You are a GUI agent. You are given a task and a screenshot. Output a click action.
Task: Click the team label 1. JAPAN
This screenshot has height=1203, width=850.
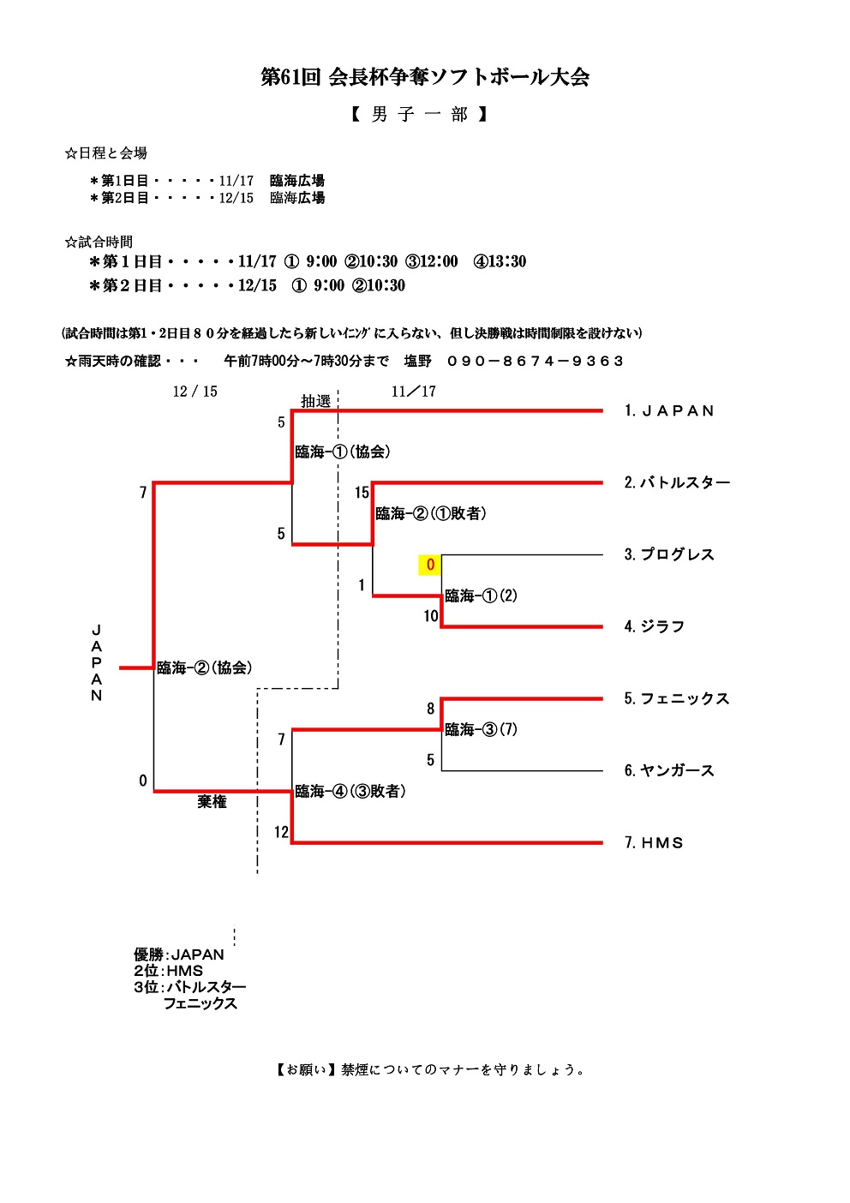[x=669, y=411]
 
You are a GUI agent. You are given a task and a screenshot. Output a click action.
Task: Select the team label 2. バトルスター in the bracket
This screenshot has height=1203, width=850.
[x=677, y=483]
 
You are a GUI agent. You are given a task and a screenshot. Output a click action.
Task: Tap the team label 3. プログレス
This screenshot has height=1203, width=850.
[x=669, y=555]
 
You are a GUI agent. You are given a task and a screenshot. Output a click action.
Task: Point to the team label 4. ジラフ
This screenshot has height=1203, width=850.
[x=655, y=627]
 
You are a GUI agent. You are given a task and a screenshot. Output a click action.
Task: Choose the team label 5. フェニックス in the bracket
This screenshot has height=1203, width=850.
[x=677, y=699]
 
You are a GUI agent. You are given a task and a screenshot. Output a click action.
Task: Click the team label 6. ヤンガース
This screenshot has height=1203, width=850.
[x=669, y=771]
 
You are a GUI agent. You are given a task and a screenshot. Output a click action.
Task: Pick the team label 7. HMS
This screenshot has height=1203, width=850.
[x=654, y=843]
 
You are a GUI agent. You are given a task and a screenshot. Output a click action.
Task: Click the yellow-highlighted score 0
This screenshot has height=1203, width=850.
[x=430, y=565]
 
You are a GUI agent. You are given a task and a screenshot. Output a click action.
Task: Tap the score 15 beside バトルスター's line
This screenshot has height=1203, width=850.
[x=362, y=493]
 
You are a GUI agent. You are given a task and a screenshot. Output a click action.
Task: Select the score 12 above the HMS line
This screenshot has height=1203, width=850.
[x=281, y=832]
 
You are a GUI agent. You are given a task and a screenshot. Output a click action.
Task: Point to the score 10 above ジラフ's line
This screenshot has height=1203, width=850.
[x=431, y=616]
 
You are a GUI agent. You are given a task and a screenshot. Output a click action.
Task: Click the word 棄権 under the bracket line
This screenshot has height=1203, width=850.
[x=212, y=803]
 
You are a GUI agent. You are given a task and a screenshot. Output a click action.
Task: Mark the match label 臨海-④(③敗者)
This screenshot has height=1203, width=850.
[x=350, y=792]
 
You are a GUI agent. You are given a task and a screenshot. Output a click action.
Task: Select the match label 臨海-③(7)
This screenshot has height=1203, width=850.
[x=481, y=730]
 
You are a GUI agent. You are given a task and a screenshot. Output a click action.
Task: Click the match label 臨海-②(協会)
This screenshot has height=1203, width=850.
[x=204, y=668]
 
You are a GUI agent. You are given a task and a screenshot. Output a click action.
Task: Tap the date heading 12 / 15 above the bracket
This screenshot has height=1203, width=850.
[x=195, y=392]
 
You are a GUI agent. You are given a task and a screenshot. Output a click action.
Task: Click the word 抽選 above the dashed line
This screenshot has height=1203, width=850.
[x=315, y=401]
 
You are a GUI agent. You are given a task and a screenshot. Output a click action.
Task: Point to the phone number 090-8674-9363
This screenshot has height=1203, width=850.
[x=536, y=362]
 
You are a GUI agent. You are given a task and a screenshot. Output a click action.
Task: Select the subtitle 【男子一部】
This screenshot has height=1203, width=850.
[x=420, y=115]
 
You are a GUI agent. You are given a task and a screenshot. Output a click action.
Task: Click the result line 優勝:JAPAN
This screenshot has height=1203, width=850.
[x=179, y=955]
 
